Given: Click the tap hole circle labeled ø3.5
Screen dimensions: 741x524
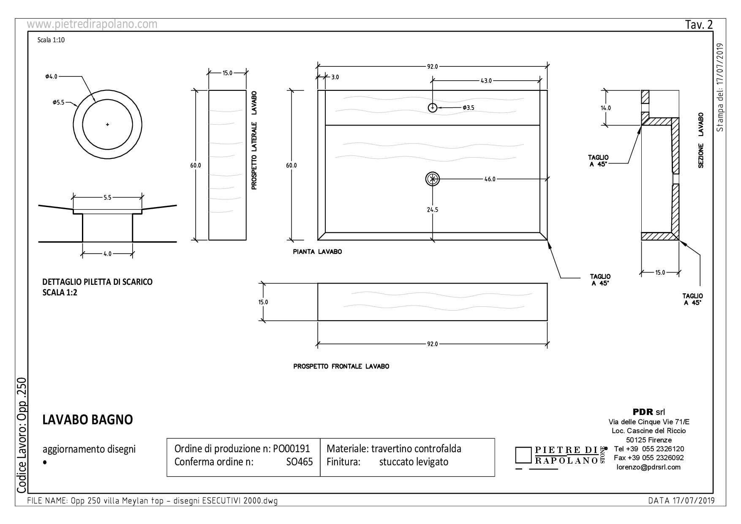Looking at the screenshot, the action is click(432, 108).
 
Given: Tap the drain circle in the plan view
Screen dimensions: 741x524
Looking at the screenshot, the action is click(432, 179).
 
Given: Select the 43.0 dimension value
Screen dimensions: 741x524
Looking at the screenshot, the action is click(486, 80).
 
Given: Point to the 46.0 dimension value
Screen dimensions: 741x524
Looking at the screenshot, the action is click(490, 179).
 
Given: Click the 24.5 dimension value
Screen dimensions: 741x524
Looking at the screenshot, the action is click(432, 210).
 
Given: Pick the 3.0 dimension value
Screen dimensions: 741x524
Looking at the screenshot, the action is click(335, 77).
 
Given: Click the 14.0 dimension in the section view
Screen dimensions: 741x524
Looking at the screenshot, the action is click(606, 108).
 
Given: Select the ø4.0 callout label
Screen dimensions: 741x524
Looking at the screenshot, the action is click(52, 76).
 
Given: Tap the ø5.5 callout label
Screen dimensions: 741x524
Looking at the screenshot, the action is click(58, 102).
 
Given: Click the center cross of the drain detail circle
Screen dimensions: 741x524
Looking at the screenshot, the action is click(107, 124).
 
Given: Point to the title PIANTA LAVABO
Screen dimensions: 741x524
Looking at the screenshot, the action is click(318, 252).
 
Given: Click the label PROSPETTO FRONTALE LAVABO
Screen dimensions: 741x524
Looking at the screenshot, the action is click(341, 366).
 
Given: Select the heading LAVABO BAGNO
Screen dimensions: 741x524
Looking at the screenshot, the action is click(88, 420).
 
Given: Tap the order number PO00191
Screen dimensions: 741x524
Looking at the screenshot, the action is click(291, 448).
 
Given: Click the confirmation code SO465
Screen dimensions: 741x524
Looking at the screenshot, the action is click(300, 462).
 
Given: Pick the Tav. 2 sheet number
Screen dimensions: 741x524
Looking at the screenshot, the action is click(699, 25).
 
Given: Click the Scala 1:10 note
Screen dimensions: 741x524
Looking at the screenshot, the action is click(51, 40).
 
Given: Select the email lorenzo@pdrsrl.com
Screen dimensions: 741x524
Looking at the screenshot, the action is click(648, 467).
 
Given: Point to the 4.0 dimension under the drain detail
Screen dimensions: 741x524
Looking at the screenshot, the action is click(107, 254).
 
